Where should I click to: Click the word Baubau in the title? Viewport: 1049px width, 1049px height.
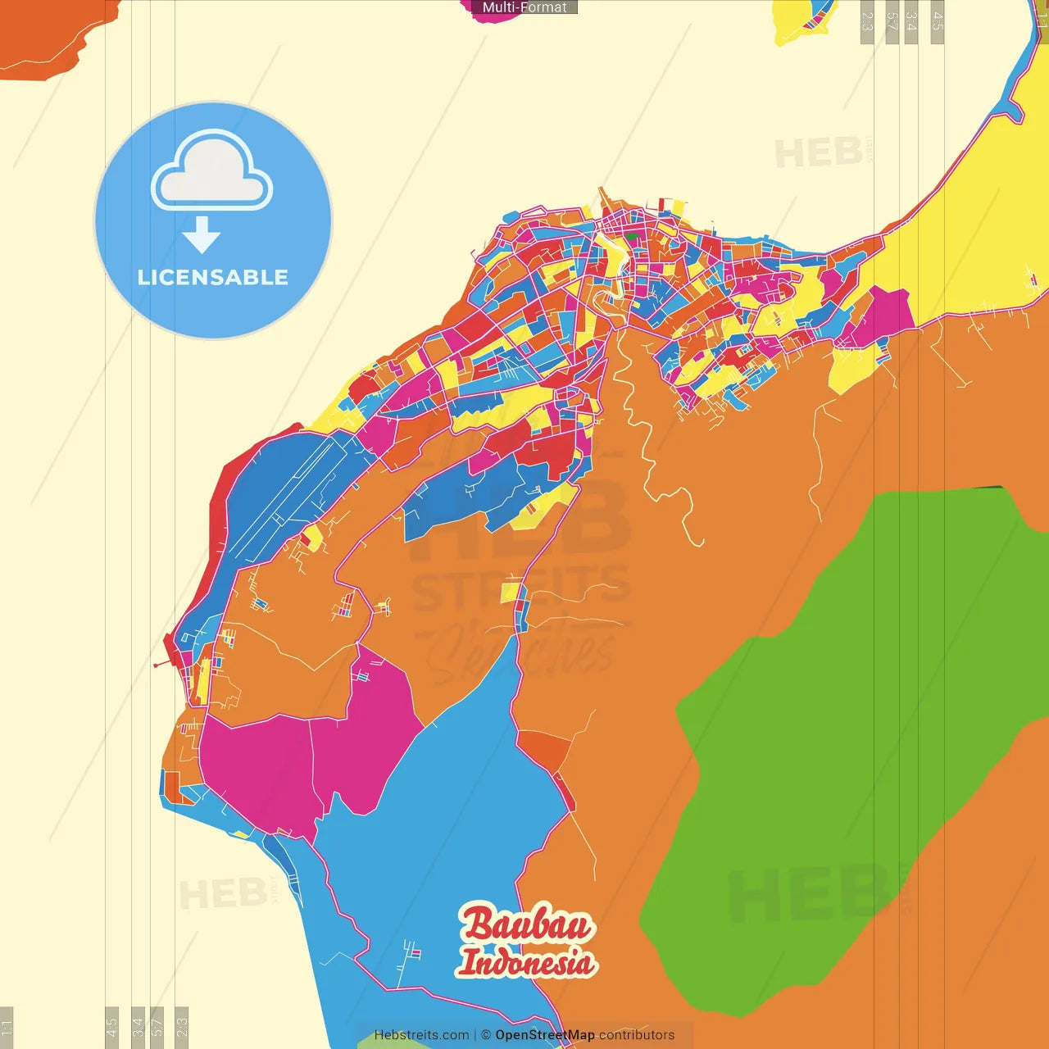(527, 924)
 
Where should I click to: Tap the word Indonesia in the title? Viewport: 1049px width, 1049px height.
(526, 962)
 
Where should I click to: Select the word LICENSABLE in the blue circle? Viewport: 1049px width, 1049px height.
(213, 278)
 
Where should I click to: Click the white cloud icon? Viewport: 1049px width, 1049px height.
(211, 170)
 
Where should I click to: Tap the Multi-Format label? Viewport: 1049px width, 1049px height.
(524, 7)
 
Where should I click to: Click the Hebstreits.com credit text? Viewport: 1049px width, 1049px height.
(421, 1035)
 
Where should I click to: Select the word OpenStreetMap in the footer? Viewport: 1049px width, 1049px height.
(545, 1035)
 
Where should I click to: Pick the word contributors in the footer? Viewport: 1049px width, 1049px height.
(637, 1035)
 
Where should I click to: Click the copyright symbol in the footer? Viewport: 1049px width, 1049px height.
(486, 1035)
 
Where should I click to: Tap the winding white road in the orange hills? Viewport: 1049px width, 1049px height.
(647, 459)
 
